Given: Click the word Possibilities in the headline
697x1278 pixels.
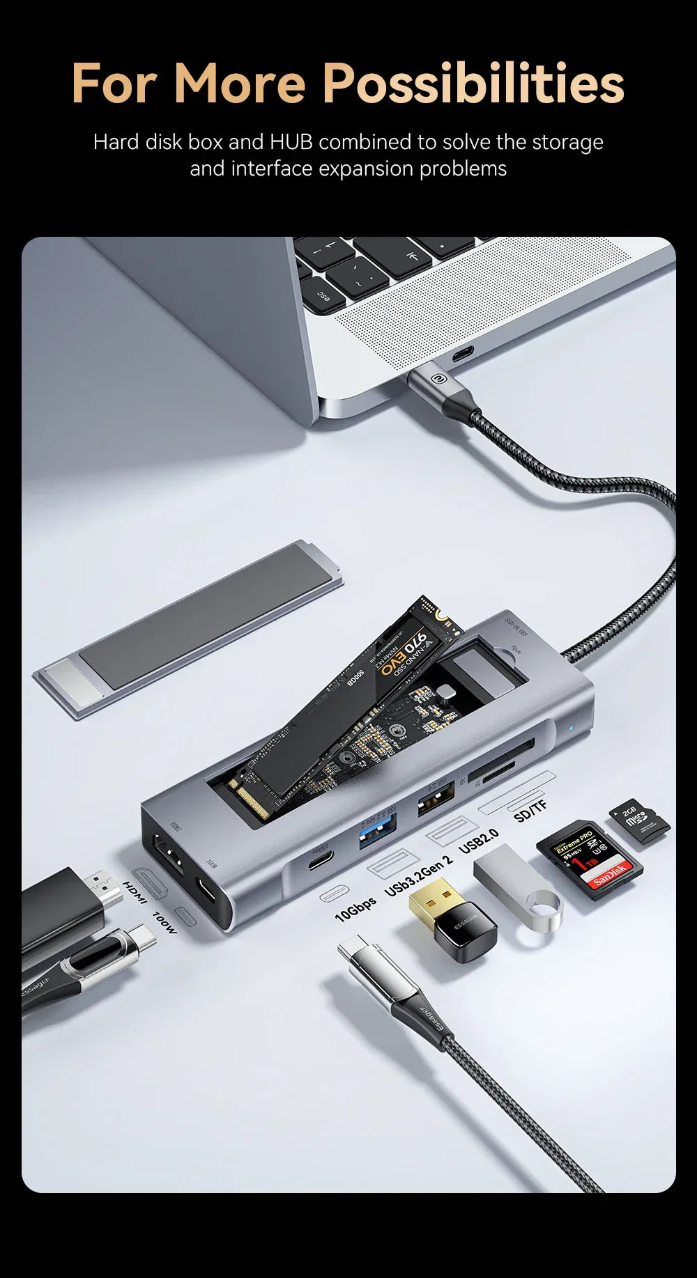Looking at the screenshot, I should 474,84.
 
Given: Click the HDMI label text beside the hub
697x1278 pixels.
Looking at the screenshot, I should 135,894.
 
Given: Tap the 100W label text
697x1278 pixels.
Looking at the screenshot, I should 164,922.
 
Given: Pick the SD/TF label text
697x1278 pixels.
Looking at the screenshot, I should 530,811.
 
